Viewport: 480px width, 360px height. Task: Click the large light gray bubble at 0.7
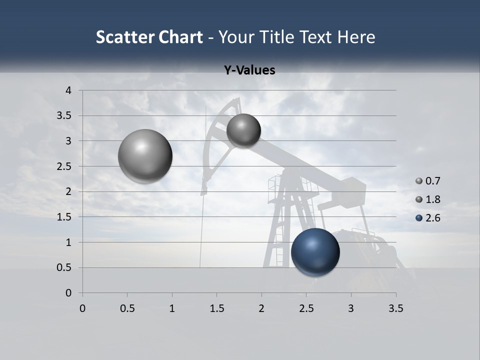(x=145, y=156)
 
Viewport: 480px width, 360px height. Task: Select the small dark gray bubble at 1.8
(x=243, y=130)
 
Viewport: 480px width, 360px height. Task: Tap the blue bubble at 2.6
(x=315, y=252)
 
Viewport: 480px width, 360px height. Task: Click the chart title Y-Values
(x=249, y=70)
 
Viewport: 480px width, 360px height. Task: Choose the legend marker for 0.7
(x=419, y=181)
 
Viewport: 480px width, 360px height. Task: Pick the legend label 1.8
(x=432, y=199)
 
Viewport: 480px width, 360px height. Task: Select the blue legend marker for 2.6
(x=419, y=218)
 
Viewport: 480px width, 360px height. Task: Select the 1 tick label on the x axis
(x=172, y=308)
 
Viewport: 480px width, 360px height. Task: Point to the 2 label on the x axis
(x=261, y=308)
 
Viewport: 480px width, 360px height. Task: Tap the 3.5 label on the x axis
(x=395, y=308)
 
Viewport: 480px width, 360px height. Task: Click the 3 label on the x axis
(x=351, y=308)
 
